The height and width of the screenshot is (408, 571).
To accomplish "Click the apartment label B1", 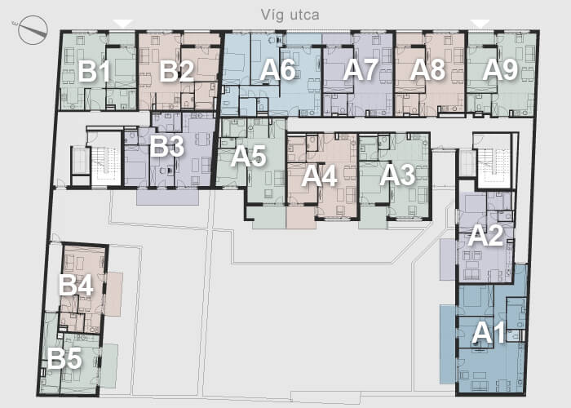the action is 95,72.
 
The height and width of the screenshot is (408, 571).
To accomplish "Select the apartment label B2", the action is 177,71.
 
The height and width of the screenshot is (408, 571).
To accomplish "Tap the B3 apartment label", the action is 166,146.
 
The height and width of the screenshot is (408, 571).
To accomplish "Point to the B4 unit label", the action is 76,285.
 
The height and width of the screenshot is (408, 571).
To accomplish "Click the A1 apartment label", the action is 489,333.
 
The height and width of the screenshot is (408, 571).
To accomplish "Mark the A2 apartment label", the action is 486,235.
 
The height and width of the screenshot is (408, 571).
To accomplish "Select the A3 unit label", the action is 397,175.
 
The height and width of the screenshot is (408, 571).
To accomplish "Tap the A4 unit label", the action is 319,177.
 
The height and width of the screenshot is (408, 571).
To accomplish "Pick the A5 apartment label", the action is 248,157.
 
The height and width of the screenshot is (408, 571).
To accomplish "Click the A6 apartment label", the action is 277,69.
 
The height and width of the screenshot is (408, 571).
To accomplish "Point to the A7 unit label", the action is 361,69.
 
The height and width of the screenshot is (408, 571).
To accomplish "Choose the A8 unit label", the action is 427,69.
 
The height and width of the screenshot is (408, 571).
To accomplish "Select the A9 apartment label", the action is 500,69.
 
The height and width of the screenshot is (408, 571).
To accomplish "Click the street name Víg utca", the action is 290,15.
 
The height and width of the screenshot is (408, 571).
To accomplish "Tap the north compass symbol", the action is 33,30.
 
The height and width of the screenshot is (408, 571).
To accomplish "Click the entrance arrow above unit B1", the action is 123,24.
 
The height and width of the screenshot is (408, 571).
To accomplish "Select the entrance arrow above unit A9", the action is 480,24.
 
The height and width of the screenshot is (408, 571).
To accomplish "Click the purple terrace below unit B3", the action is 167,197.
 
